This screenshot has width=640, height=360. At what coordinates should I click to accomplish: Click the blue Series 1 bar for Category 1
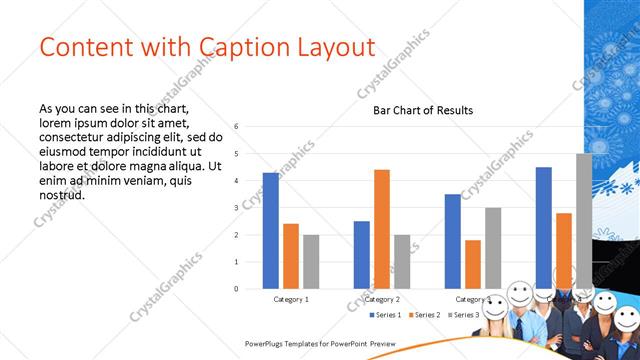(271, 231)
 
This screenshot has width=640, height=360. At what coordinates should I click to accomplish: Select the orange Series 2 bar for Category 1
(291, 256)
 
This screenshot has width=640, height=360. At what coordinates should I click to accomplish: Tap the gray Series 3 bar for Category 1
(311, 262)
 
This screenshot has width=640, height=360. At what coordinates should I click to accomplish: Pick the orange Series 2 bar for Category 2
(382, 229)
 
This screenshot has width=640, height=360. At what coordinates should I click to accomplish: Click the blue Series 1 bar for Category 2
(362, 255)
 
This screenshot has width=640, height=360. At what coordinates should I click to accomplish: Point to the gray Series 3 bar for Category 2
(402, 262)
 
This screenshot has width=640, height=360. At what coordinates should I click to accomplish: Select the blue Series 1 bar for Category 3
(453, 241)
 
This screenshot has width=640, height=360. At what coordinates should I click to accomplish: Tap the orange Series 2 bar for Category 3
(473, 264)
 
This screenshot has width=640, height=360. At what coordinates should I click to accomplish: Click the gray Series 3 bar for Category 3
(493, 248)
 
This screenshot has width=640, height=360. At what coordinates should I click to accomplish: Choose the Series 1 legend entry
(386, 315)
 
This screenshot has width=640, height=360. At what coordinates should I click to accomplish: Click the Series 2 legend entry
(424, 315)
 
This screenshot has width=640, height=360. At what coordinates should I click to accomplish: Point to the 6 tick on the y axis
(236, 127)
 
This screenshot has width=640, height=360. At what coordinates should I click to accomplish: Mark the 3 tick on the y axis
(236, 208)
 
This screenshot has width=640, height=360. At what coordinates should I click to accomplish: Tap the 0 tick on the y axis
(236, 289)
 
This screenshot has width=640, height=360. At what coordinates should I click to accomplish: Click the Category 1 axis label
(291, 299)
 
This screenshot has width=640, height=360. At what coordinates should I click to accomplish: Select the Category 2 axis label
(382, 299)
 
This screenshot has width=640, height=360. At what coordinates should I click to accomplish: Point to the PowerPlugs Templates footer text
(321, 343)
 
